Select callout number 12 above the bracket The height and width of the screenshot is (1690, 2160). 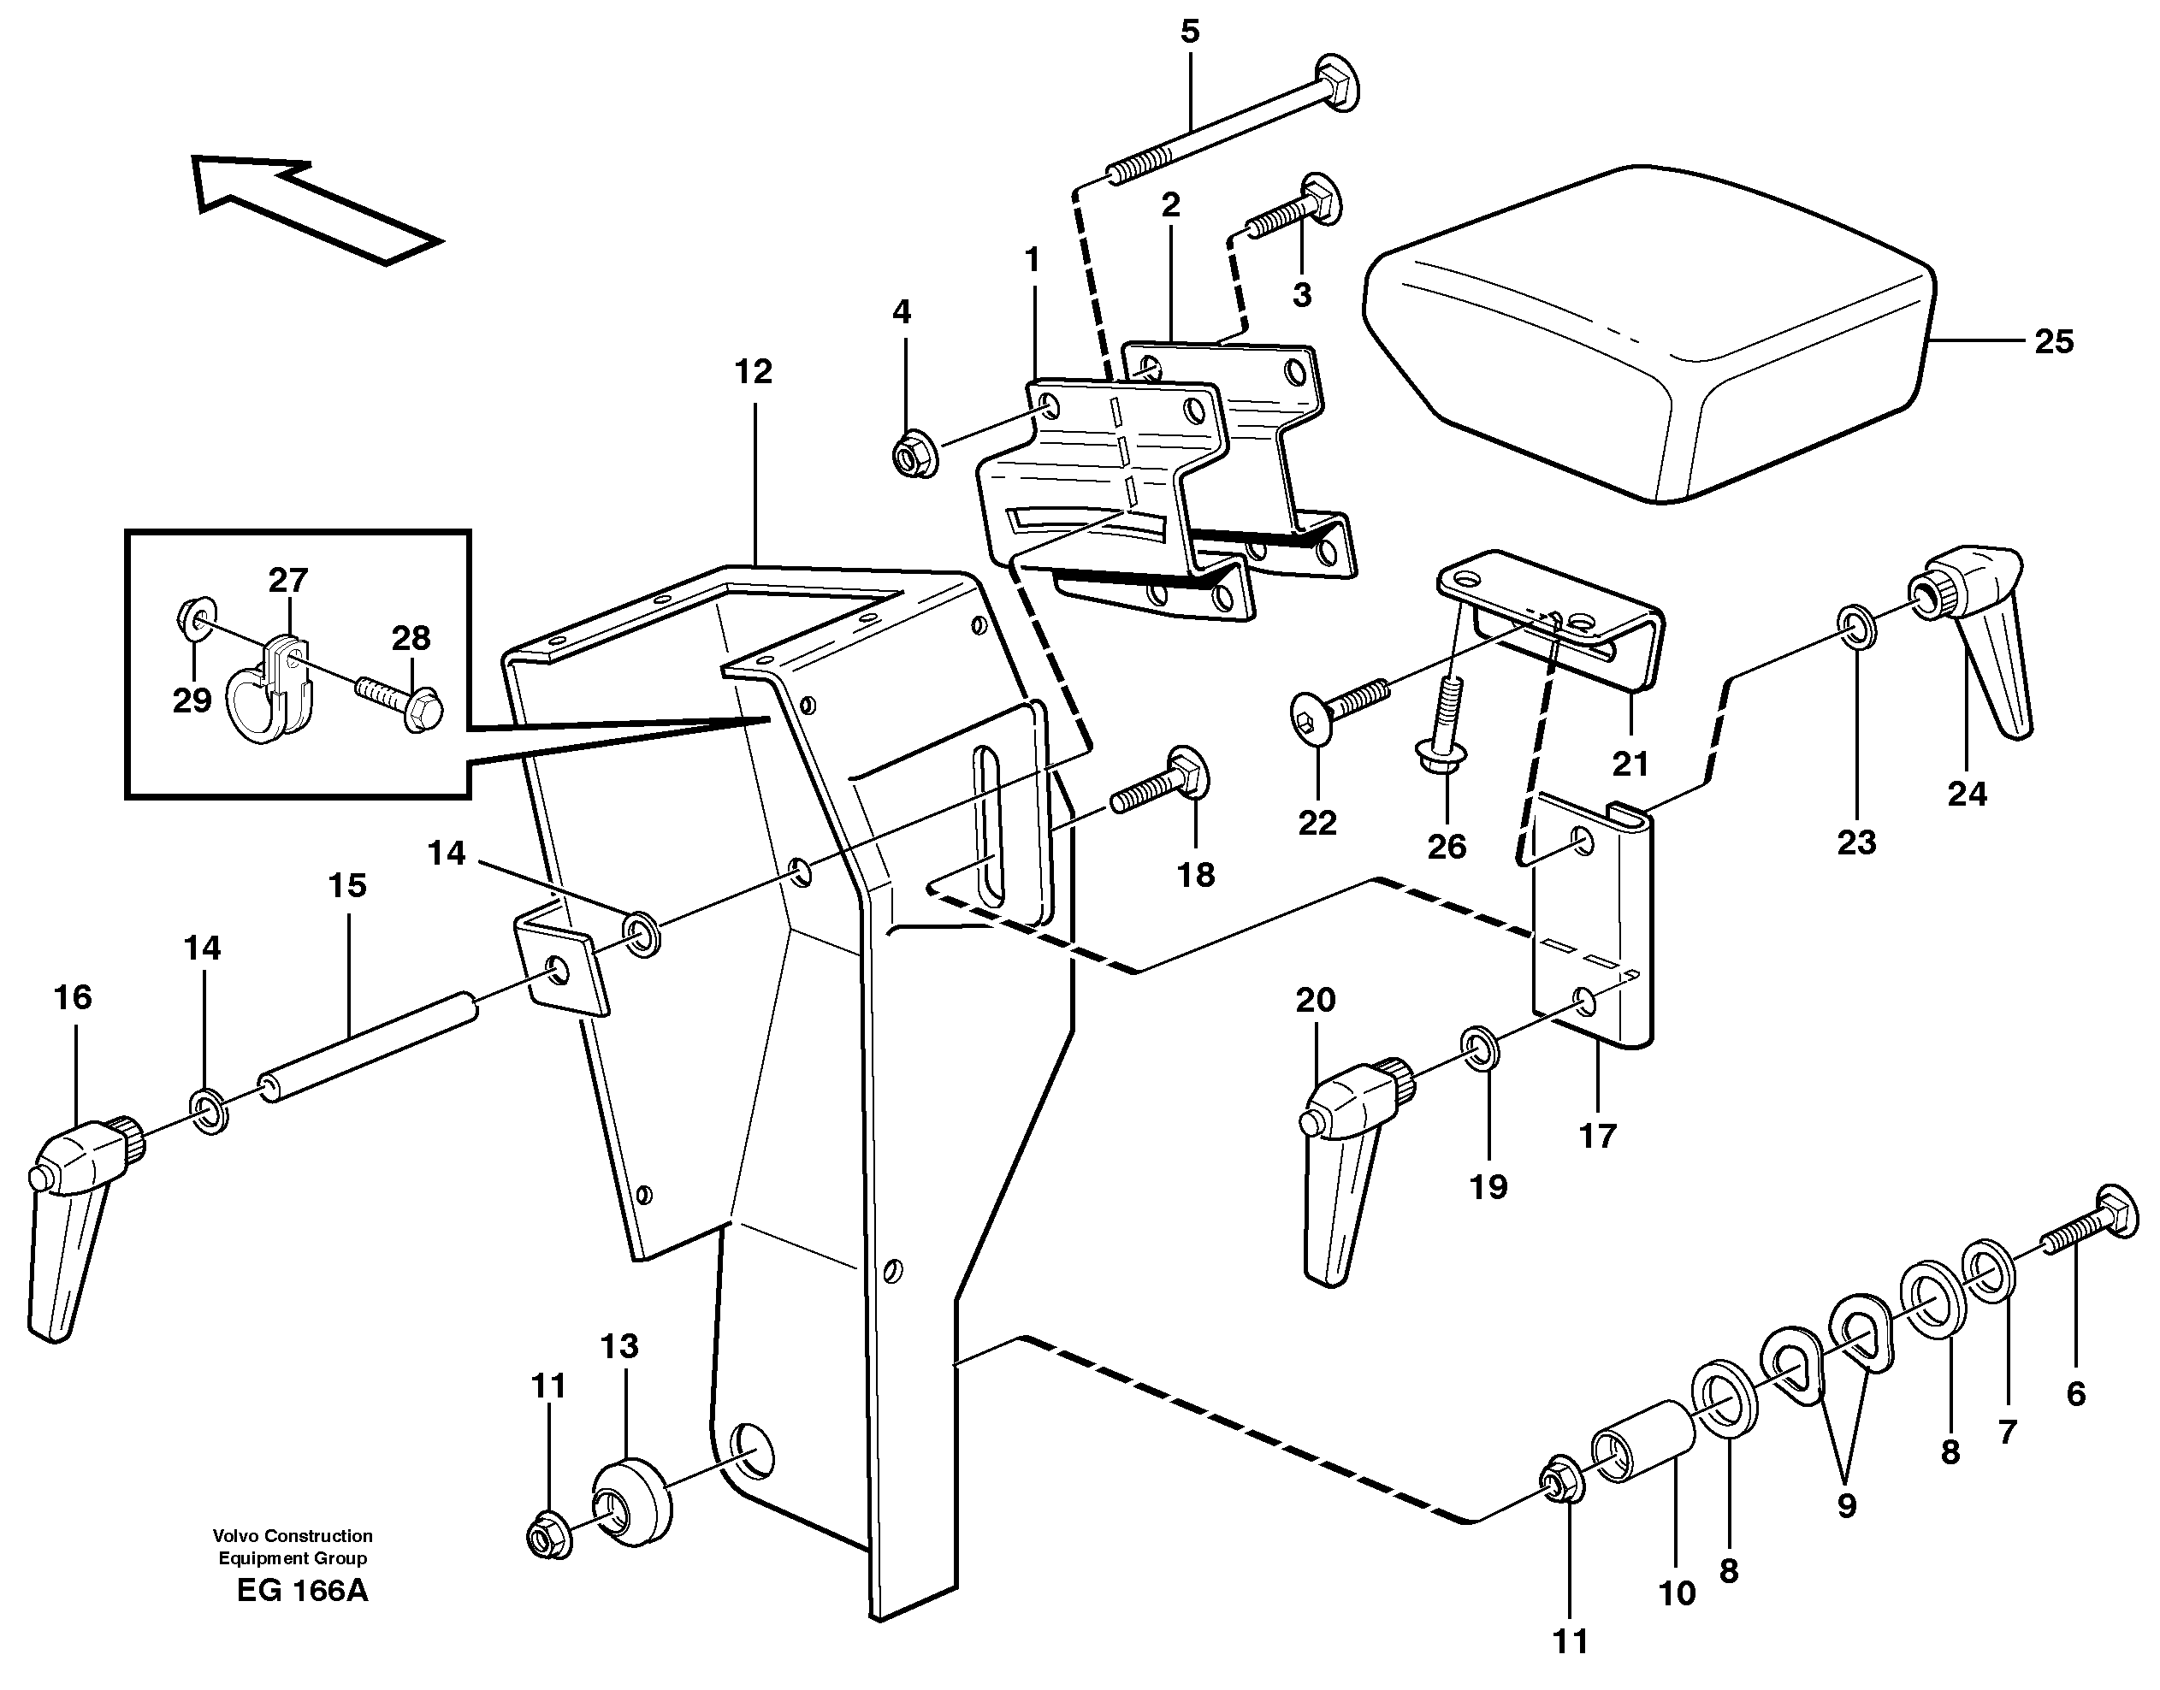(753, 373)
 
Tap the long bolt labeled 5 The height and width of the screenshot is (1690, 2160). (1237, 133)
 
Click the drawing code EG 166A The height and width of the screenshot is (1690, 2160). (302, 1590)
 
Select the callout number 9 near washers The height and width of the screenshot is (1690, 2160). (1846, 1506)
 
